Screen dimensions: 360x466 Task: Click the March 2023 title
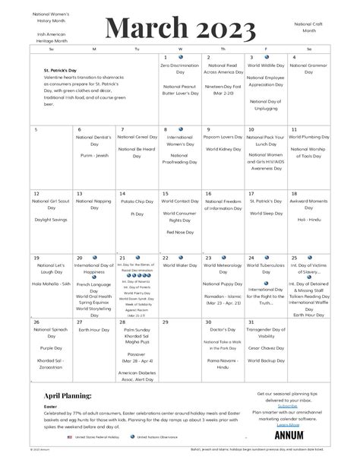tap(179, 29)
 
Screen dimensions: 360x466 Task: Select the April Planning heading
tap(68, 395)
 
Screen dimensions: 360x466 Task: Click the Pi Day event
tap(137, 214)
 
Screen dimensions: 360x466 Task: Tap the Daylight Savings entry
tap(51, 220)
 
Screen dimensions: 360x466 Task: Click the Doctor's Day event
tap(223, 329)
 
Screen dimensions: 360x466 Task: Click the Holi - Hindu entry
tap(309, 220)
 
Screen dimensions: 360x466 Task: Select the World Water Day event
tap(180, 266)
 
